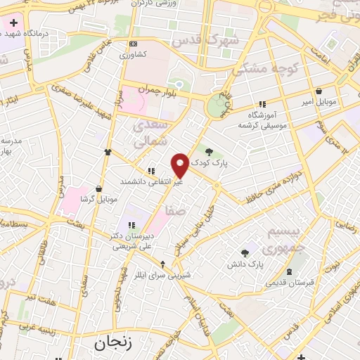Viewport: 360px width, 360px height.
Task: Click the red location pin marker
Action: coord(180,165)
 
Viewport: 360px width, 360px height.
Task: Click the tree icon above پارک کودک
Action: coord(209,149)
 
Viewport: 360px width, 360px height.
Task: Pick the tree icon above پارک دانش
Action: coord(245,253)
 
